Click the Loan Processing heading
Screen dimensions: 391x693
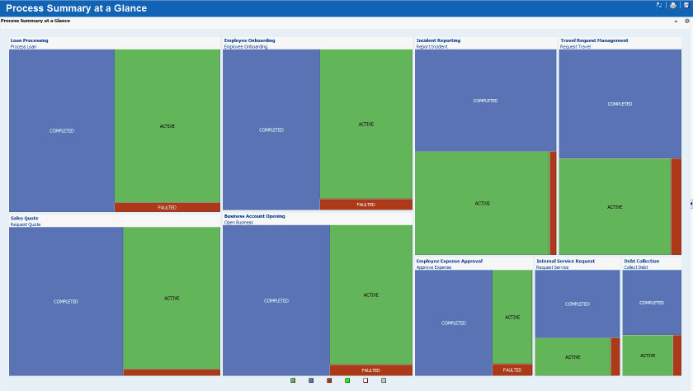tap(30, 40)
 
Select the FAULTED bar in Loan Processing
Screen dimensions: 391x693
tap(167, 207)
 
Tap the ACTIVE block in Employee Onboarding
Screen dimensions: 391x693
tap(365, 124)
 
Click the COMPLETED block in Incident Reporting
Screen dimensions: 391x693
tap(485, 100)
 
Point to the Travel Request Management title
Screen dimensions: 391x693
tap(594, 40)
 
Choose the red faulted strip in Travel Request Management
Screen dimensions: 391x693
tap(676, 206)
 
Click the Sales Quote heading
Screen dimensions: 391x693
tap(25, 219)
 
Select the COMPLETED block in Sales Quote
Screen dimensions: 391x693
tap(66, 301)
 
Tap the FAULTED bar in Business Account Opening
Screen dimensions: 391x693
tap(370, 370)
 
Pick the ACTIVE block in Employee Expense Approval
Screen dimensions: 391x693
tap(512, 317)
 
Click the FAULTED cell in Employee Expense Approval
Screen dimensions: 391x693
tap(512, 370)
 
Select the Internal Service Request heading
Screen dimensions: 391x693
tap(565, 261)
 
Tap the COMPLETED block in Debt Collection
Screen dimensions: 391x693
tap(651, 303)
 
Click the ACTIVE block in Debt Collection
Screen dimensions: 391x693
tap(648, 356)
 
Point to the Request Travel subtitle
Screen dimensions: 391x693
tap(576, 47)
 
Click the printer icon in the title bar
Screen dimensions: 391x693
tap(672, 5)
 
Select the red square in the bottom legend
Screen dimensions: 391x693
tap(329, 380)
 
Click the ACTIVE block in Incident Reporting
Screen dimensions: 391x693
tap(483, 203)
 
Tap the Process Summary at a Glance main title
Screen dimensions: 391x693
tap(76, 8)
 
